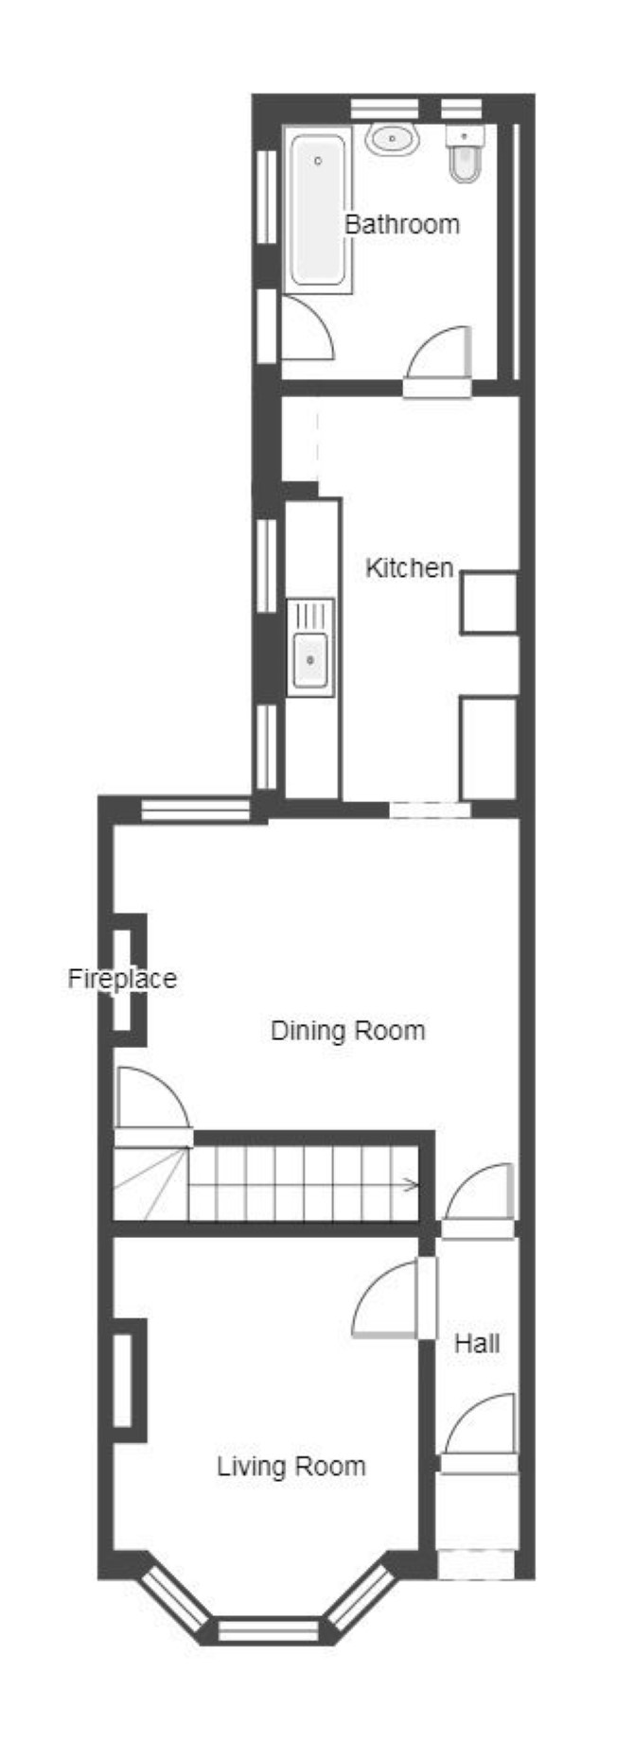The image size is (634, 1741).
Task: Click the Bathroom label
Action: (x=401, y=225)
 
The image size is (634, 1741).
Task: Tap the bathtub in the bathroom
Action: (x=318, y=211)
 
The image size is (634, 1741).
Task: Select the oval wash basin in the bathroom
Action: (x=393, y=140)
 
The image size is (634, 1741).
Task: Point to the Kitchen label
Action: (x=409, y=568)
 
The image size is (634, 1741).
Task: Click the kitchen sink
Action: (x=310, y=647)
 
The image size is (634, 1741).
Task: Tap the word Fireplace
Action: (x=122, y=979)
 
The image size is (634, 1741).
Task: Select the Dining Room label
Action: (x=347, y=1031)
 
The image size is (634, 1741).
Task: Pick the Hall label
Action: (x=476, y=1343)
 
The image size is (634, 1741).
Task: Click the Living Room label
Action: (x=291, y=1467)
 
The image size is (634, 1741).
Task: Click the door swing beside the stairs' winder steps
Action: (x=153, y=1102)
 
